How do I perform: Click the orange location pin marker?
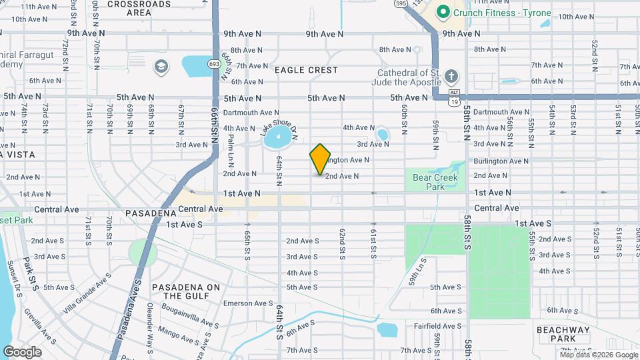click(x=321, y=159)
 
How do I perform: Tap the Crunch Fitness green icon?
click(x=443, y=13)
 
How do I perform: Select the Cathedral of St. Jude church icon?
click(x=451, y=75)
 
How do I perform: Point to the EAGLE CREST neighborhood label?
click(x=306, y=70)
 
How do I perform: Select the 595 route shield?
click(x=401, y=3)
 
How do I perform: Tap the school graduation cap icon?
click(x=160, y=66)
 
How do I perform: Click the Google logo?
click(x=22, y=351)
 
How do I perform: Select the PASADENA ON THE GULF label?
click(x=186, y=291)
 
